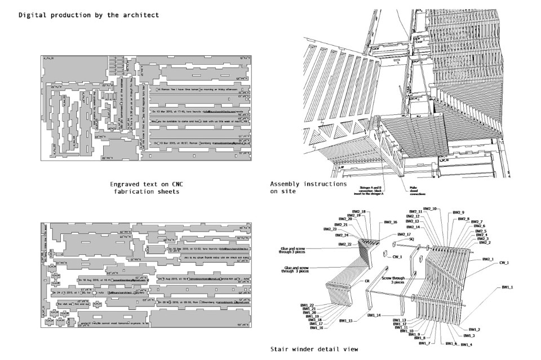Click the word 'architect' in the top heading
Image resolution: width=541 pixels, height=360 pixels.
click(138, 15)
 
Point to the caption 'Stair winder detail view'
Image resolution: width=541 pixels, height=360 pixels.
click(314, 349)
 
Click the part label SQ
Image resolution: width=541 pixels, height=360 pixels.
click(412, 239)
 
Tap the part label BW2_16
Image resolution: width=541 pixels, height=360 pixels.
click(391, 223)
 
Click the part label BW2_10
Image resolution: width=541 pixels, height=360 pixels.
click(431, 209)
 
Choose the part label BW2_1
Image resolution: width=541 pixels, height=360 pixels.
click(488, 259)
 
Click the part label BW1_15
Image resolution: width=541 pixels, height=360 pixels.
click(347, 321)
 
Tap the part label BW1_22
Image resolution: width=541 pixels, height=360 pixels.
click(307, 305)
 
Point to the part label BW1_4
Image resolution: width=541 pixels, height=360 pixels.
click(467, 344)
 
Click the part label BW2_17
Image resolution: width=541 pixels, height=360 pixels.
click(403, 234)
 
